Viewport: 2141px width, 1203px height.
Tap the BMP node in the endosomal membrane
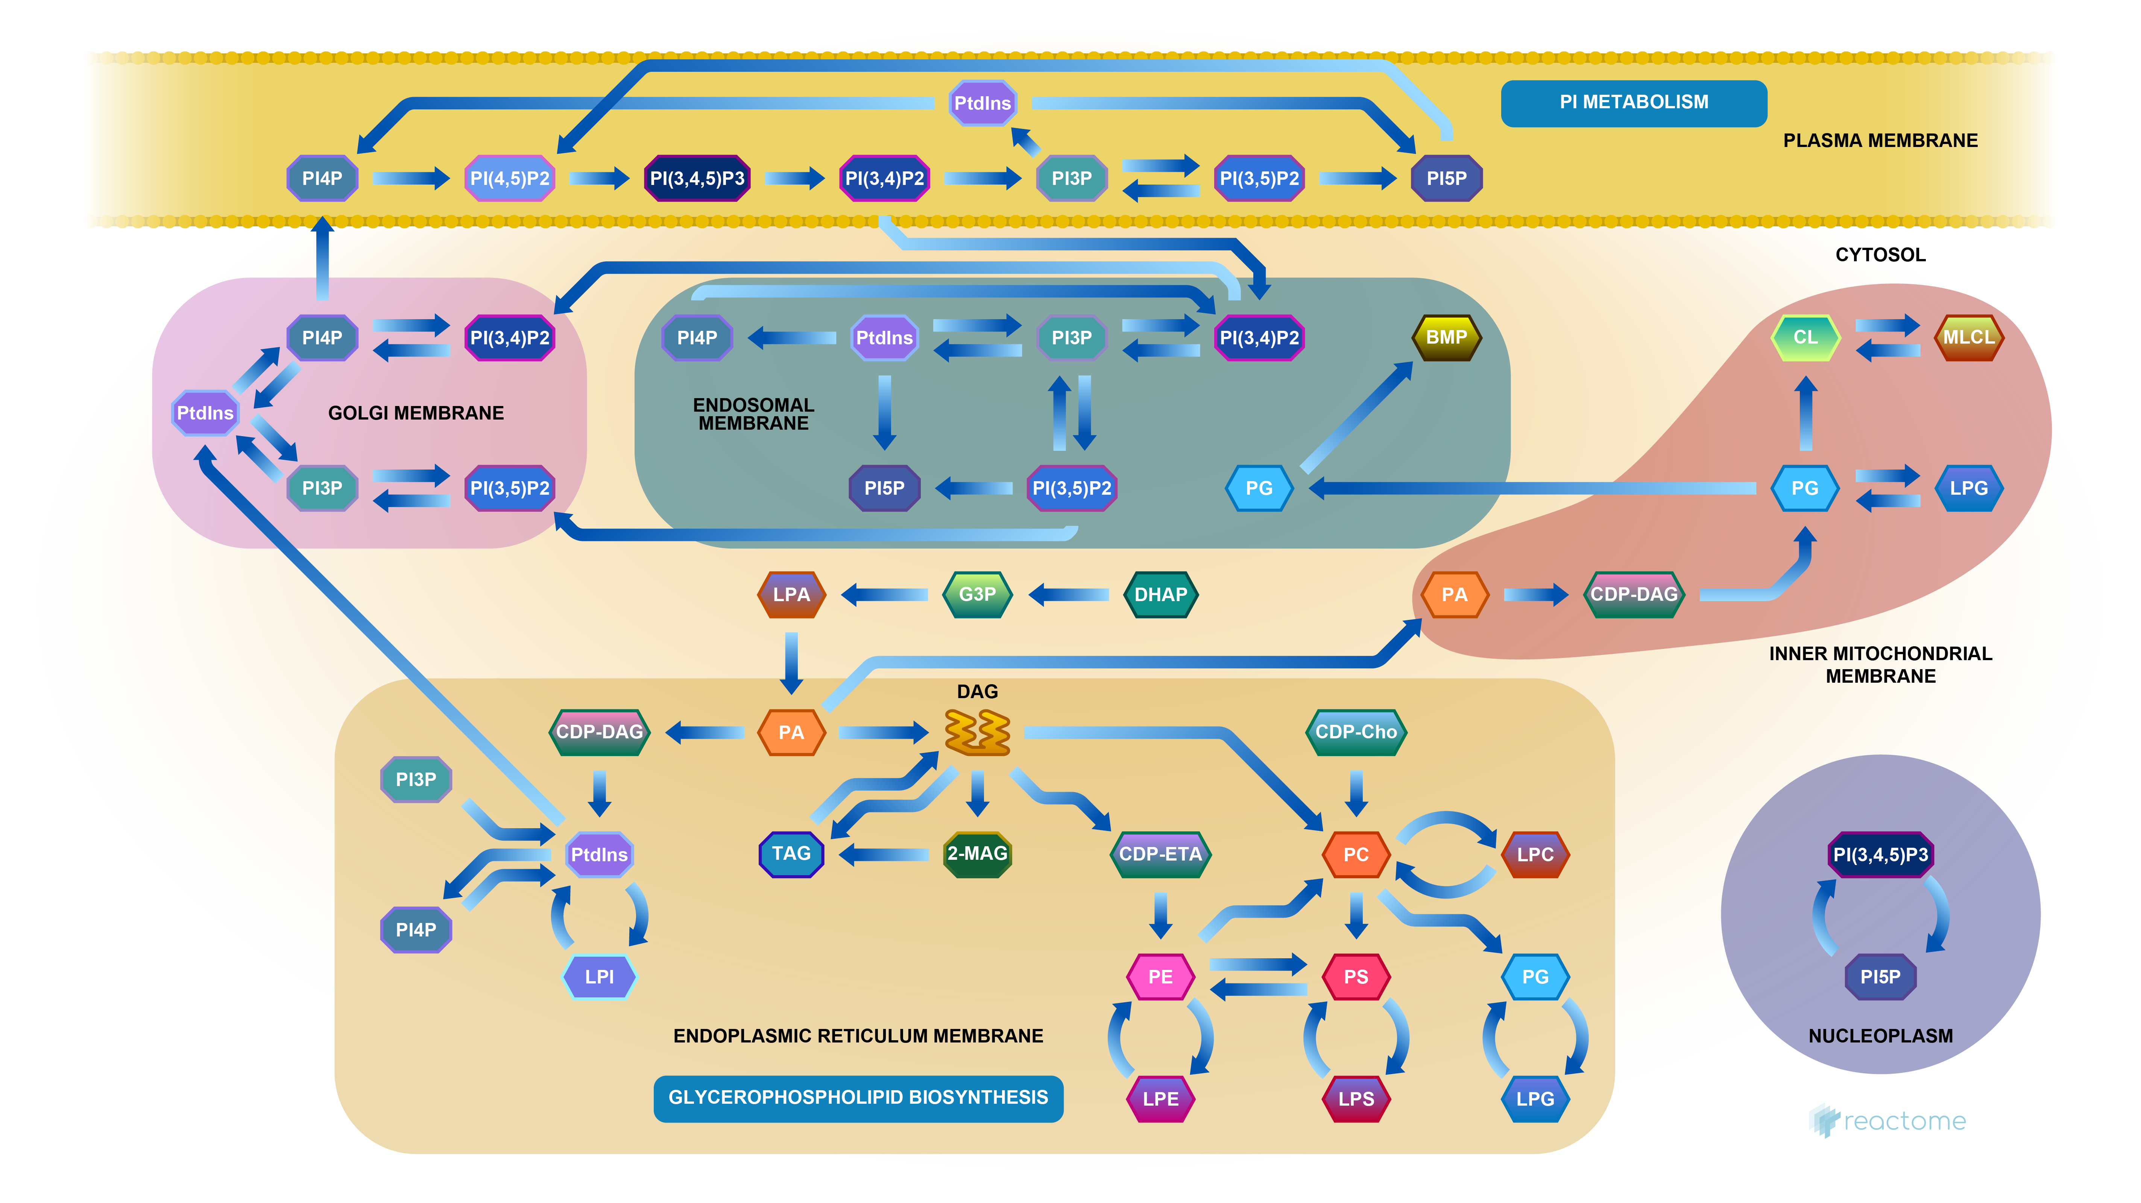pyautogui.click(x=1446, y=337)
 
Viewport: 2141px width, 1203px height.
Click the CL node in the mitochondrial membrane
pyautogui.click(x=1804, y=337)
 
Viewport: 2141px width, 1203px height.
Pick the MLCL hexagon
pyautogui.click(x=1968, y=337)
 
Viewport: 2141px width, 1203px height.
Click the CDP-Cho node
pyautogui.click(x=1356, y=732)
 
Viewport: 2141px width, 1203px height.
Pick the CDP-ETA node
pyautogui.click(x=1160, y=854)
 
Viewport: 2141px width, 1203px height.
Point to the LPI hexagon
pyautogui.click(x=599, y=977)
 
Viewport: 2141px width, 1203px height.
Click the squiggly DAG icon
pyautogui.click(x=978, y=732)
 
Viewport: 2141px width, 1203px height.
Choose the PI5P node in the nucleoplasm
pyautogui.click(x=1880, y=977)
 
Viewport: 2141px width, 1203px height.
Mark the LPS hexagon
pyautogui.click(x=1356, y=1098)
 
